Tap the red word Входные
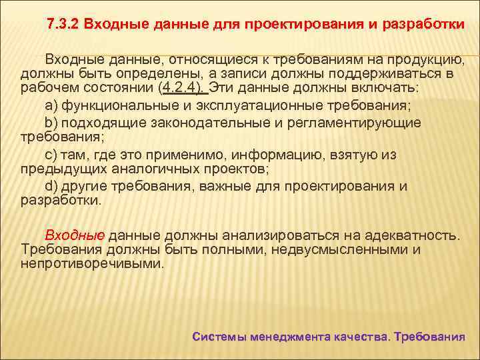pyautogui.click(x=75, y=235)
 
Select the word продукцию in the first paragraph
pyautogui.click(x=425, y=58)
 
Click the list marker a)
pyautogui.click(x=52, y=105)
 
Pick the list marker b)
pyautogui.click(x=52, y=123)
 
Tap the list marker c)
pyautogui.click(x=52, y=155)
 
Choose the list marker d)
pyautogui.click(x=52, y=186)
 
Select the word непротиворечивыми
pyautogui.click(x=92, y=264)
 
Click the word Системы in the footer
pyautogui.click(x=219, y=337)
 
